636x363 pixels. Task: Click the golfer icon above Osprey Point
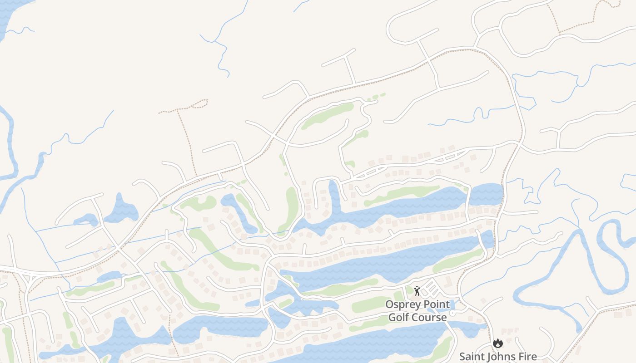(x=417, y=291)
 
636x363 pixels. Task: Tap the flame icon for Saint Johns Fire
(x=498, y=343)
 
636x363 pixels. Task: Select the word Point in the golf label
(x=437, y=304)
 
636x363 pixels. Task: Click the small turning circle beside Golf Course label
(x=452, y=314)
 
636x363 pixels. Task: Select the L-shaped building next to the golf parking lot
(x=447, y=283)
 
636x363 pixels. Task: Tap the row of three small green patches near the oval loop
(x=376, y=96)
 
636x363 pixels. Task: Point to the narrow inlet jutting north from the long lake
(x=334, y=195)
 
